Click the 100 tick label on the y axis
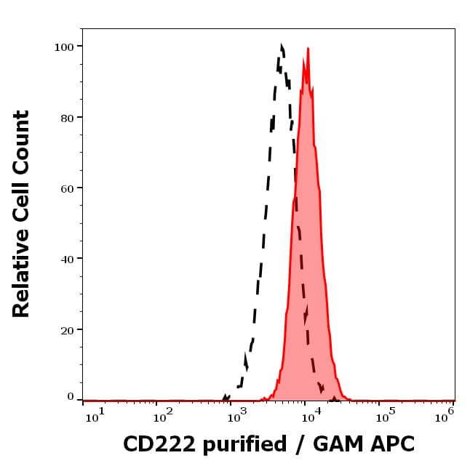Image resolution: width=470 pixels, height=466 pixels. click(65, 47)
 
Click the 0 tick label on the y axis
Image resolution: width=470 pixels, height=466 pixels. click(71, 396)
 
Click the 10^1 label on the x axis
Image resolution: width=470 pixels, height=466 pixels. click(95, 414)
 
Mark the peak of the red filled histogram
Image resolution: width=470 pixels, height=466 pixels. click(308, 49)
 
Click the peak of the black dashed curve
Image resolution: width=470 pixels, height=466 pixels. click(282, 46)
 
